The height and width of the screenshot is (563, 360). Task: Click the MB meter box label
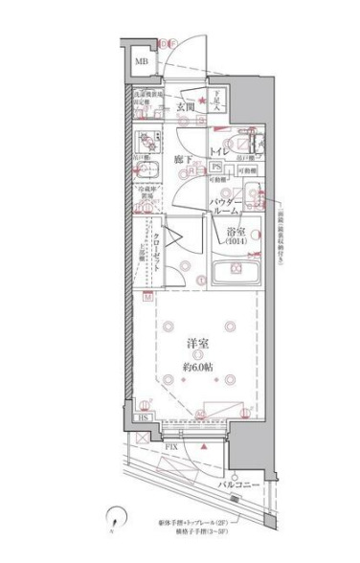[141, 63]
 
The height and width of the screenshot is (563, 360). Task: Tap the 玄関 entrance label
[186, 107]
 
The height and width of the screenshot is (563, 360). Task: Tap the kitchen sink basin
[147, 172]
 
